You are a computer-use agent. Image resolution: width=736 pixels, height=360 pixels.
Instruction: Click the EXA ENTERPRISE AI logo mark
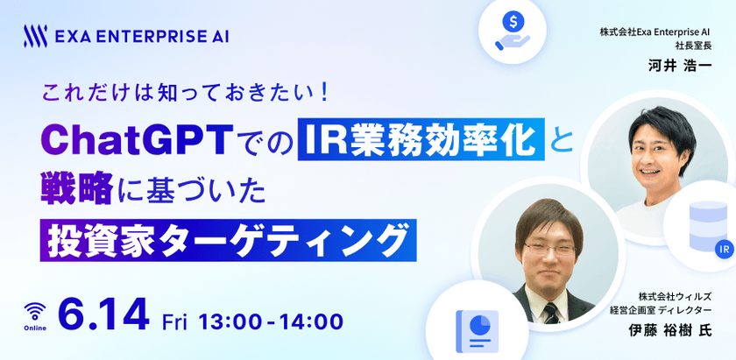36,36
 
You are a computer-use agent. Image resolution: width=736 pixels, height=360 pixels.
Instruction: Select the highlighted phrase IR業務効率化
421,139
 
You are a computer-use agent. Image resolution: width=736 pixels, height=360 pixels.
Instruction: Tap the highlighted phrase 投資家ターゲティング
225,237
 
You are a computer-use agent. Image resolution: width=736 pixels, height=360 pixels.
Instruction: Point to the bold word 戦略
76,189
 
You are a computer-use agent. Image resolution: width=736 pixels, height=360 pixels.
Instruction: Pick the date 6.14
103,317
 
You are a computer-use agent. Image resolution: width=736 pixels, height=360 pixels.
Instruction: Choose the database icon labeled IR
706,225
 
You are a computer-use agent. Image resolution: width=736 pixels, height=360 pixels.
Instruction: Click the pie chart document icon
477,329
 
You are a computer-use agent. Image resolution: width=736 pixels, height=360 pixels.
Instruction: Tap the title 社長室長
691,44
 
